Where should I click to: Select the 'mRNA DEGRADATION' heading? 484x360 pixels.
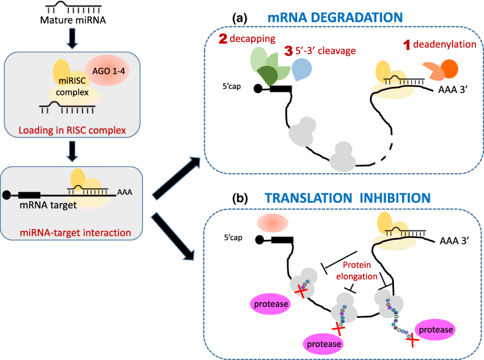click(x=334, y=18)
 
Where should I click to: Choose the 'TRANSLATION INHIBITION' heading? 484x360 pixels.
click(x=345, y=199)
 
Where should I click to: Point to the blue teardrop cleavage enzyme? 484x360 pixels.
click(x=301, y=68)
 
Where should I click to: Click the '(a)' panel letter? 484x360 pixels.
click(x=240, y=18)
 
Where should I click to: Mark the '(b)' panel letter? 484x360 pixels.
click(x=240, y=199)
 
